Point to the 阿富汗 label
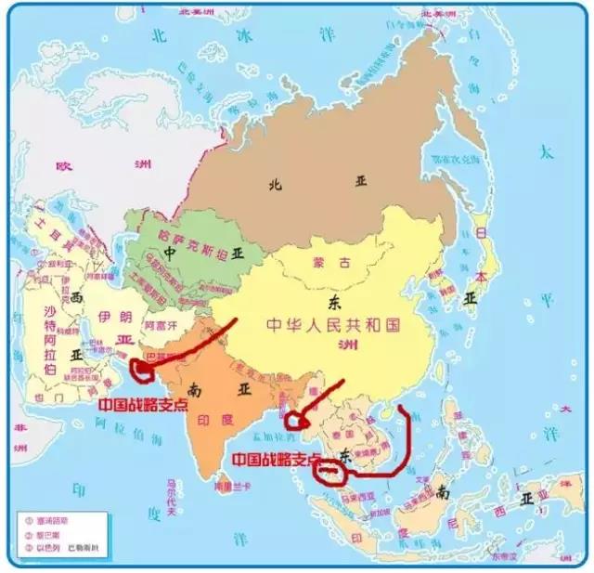[160, 326]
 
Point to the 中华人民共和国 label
[333, 325]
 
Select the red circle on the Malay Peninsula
[330, 471]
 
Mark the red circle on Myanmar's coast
[297, 420]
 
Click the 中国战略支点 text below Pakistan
[142, 405]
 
